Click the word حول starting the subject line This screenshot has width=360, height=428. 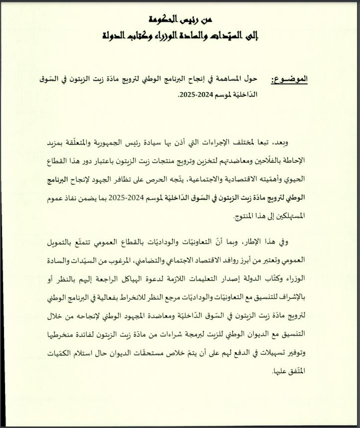click(252, 79)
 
